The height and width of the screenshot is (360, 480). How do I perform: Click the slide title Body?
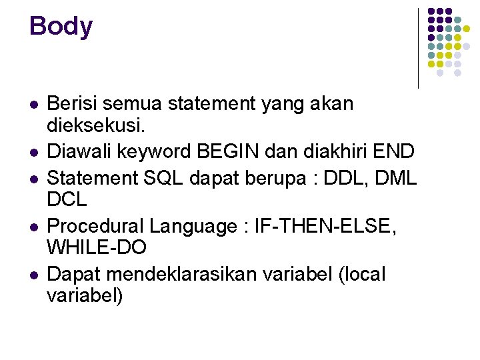[61, 27]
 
